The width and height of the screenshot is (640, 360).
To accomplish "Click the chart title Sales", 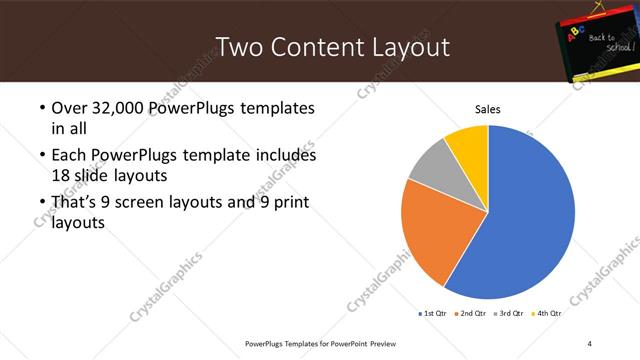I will click(487, 109).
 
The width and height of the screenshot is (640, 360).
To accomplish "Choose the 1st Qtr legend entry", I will click(432, 313).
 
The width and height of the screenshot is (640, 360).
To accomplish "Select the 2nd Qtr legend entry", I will click(471, 313).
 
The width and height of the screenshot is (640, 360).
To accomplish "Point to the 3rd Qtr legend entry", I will click(510, 313).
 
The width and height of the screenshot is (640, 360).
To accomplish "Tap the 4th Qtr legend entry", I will click(548, 313).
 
